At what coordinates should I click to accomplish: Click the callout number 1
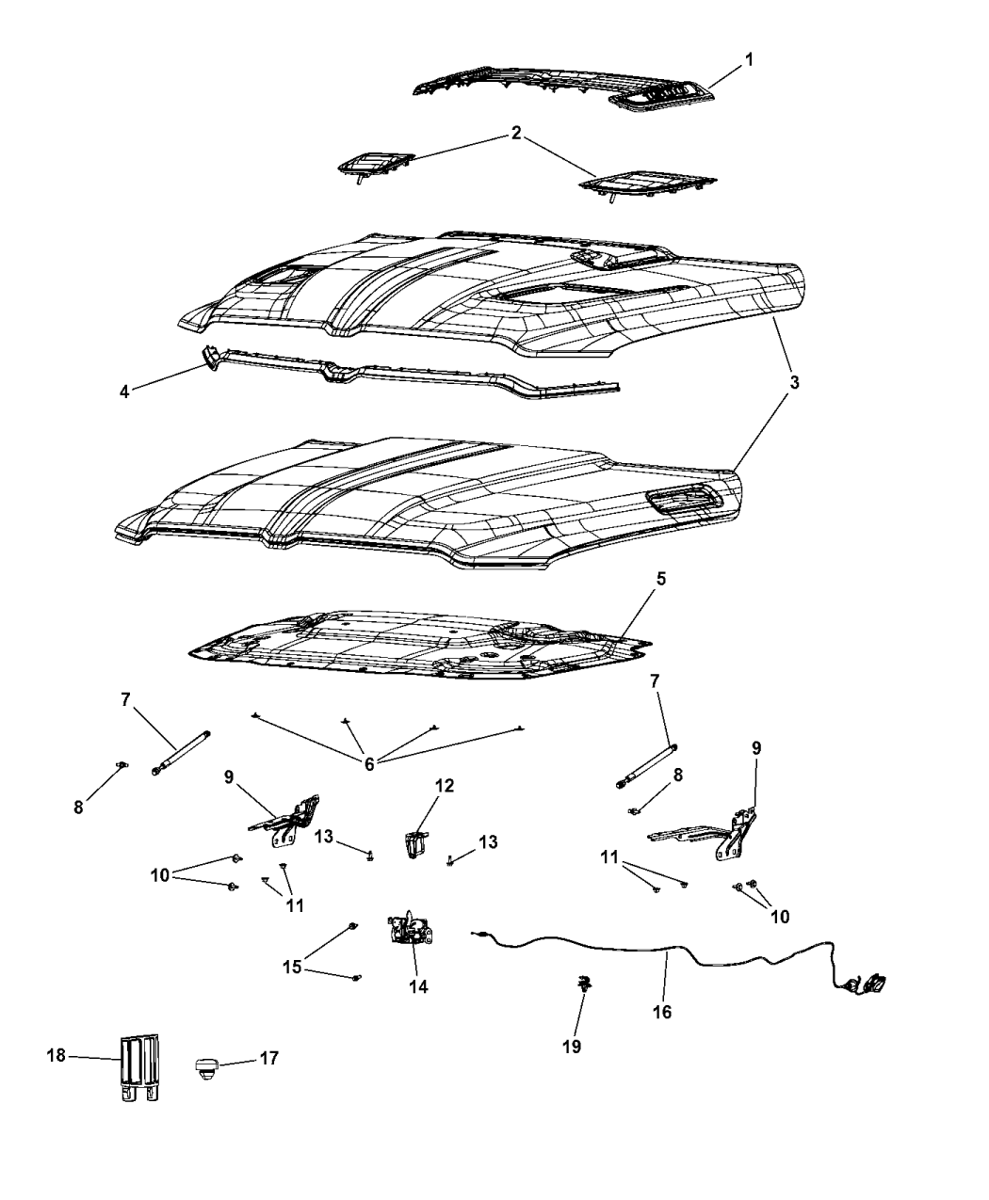pyautogui.click(x=749, y=60)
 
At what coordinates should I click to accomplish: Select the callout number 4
pyautogui.click(x=124, y=392)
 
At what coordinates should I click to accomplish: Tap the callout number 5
pyautogui.click(x=660, y=579)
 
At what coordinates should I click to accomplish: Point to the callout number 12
pyautogui.click(x=445, y=785)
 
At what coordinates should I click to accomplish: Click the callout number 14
pyautogui.click(x=418, y=986)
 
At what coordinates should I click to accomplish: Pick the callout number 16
pyautogui.click(x=662, y=1012)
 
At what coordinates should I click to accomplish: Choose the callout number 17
pyautogui.click(x=268, y=1058)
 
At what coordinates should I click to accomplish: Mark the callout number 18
pyautogui.click(x=56, y=1055)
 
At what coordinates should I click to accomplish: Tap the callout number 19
pyautogui.click(x=572, y=1047)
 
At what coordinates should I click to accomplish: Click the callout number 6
pyautogui.click(x=369, y=764)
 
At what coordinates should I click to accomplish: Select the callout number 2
pyautogui.click(x=516, y=133)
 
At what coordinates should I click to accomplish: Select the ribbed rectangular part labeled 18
pyautogui.click(x=139, y=1068)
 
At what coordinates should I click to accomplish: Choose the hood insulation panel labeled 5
pyautogui.click(x=420, y=645)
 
